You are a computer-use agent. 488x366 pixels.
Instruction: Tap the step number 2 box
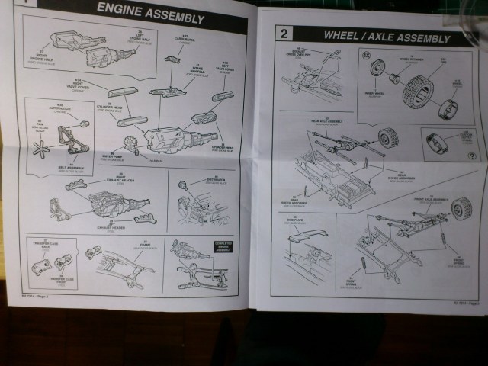point(284,34)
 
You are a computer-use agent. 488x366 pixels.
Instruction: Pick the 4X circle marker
point(367,55)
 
